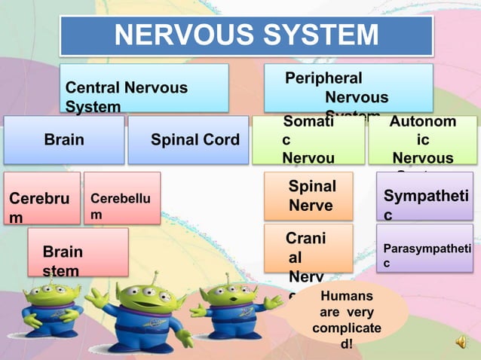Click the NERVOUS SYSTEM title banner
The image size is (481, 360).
point(246,35)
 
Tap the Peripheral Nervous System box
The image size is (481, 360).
point(348,88)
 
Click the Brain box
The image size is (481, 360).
point(64,140)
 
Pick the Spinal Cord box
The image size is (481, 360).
point(188,140)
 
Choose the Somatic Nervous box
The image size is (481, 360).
point(308,140)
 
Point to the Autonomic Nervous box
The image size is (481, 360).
point(422,140)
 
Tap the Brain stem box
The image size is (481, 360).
point(78,252)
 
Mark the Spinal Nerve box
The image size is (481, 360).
point(308,196)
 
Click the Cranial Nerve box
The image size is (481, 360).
point(308,248)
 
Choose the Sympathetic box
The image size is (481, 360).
point(424,197)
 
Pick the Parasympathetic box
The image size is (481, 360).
point(424,249)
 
